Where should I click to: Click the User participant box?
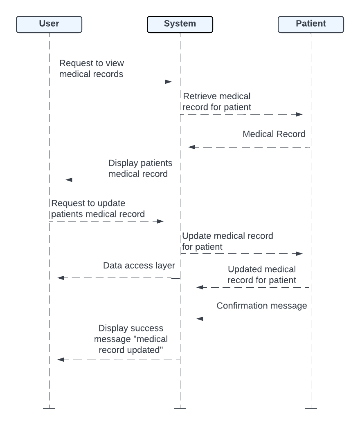pos(49,24)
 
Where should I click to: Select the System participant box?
pos(180,24)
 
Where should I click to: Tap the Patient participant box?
pos(311,24)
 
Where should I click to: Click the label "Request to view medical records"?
pos(92,69)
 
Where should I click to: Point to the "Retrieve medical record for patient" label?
pos(217,102)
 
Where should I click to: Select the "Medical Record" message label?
pos(274,134)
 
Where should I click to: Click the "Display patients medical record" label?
pos(140,168)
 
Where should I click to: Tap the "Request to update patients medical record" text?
pos(98,208)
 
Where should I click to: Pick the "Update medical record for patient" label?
pos(227,241)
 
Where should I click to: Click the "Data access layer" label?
pos(139,266)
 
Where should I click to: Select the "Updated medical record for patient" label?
pos(262,275)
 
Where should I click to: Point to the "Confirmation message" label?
pos(262,306)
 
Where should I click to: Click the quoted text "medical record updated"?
pos(131,344)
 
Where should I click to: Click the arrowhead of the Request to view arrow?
pos(169,82)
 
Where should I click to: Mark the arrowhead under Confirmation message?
pos(200,319)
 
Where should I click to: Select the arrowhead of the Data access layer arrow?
pos(61,278)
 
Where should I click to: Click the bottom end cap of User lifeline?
pos(49,408)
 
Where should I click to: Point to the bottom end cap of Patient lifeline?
pos(311,408)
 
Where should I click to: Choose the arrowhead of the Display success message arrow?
pos(61,360)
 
